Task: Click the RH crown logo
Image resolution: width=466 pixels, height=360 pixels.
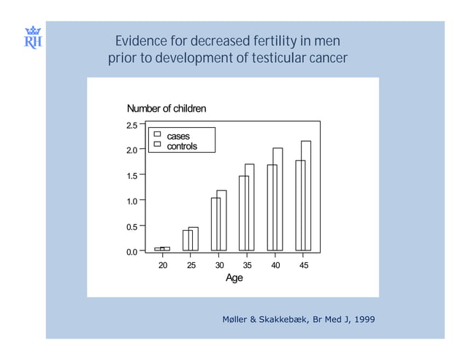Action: [x=33, y=37]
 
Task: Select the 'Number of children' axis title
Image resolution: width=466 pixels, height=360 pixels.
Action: [x=167, y=109]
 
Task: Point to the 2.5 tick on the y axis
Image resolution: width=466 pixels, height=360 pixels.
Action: [x=131, y=125]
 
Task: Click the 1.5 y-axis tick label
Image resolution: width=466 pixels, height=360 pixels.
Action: [x=131, y=175]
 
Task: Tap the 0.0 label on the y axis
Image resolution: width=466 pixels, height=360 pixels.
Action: [x=131, y=252]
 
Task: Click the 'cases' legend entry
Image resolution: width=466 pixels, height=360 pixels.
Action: [x=178, y=137]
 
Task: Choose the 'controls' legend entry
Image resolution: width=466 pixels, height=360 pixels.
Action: [x=182, y=146]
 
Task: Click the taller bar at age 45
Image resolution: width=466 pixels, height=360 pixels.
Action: [x=306, y=196]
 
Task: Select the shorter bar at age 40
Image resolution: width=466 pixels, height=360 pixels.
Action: [x=272, y=207]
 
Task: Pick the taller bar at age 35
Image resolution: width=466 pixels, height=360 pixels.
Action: [x=250, y=207]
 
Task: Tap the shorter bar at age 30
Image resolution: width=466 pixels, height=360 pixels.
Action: [x=215, y=224]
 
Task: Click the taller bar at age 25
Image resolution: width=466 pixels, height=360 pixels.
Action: [x=194, y=239]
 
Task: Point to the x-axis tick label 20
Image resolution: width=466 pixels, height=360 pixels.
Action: [x=163, y=266]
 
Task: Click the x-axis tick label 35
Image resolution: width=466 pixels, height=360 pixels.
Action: [x=248, y=266]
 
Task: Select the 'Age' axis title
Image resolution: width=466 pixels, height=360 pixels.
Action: [x=234, y=278]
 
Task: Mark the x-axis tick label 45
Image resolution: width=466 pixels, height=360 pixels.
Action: [x=304, y=266]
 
